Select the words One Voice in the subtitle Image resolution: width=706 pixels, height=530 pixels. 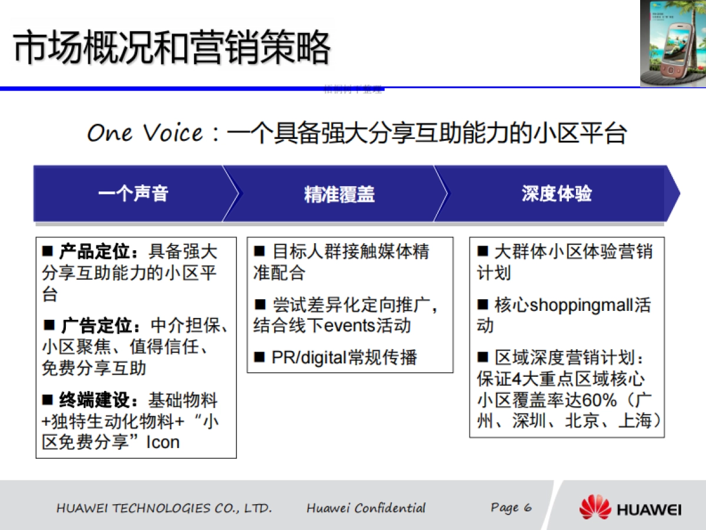[x=145, y=133]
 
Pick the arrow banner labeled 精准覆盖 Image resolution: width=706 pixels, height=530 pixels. [x=339, y=194]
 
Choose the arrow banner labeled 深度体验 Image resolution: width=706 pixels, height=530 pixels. [x=557, y=194]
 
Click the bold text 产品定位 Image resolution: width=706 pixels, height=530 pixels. [x=94, y=252]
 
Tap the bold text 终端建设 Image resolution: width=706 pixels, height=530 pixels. [x=94, y=401]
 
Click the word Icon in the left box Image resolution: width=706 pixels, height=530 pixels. [x=163, y=442]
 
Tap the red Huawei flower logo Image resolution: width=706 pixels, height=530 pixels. [x=595, y=507]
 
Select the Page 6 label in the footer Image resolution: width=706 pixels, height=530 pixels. [x=511, y=508]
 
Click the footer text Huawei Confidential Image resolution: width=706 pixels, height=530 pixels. [x=366, y=508]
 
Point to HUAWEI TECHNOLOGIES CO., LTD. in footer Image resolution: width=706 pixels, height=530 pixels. [x=164, y=508]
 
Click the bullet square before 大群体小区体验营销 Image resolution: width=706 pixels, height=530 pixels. [x=482, y=252]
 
